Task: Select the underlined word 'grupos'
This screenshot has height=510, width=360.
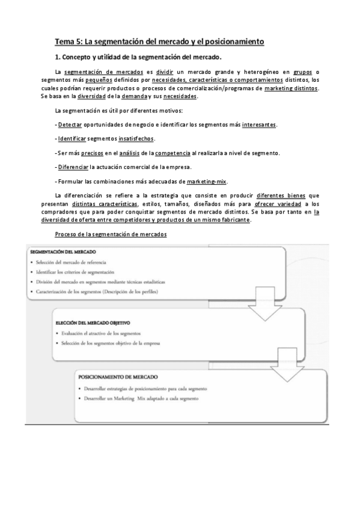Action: pyautogui.click(x=304, y=73)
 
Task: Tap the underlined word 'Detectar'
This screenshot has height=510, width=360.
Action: pyautogui.click(x=70, y=124)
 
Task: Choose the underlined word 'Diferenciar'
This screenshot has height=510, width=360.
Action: pyautogui.click(x=72, y=167)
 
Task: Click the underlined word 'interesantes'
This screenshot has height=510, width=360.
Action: pyautogui.click(x=260, y=124)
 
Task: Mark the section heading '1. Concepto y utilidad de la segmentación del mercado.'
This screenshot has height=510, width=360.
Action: pyautogui.click(x=138, y=58)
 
